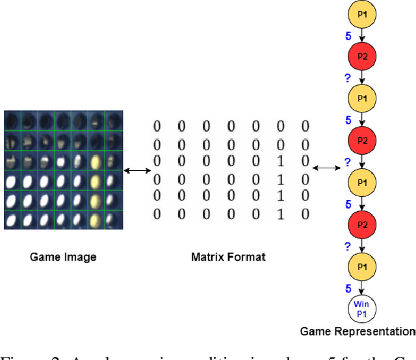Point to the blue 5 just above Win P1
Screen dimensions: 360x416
tap(348, 288)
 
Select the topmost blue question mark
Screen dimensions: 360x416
tap(348, 79)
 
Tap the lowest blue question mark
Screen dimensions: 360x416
tap(348, 246)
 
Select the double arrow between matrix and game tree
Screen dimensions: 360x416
tap(326, 169)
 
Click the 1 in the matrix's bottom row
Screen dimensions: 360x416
tap(280, 214)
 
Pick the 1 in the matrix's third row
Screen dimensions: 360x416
tap(280, 160)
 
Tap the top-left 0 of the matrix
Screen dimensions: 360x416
tap(157, 125)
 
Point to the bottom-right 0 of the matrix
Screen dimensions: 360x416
tap(305, 214)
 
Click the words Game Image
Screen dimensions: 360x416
tap(63, 257)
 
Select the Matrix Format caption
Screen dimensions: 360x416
tap(228, 257)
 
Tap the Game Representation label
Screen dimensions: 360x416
tap(357, 331)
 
